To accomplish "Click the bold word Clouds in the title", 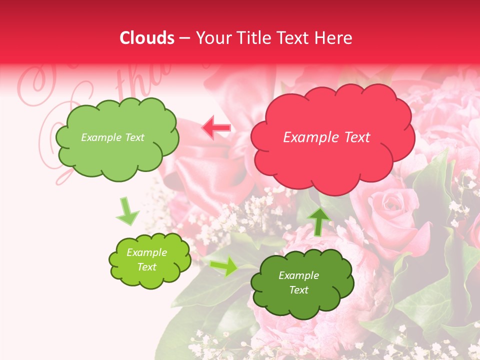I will pyautogui.click(x=147, y=38).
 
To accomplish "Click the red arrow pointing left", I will pyautogui.click(x=216, y=128).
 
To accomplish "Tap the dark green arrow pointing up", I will pyautogui.click(x=318, y=220).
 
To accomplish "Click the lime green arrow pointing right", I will pyautogui.click(x=223, y=267).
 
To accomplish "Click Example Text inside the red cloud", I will pyautogui.click(x=326, y=137).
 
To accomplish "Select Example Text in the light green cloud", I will pyautogui.click(x=112, y=137).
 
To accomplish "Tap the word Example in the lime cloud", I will pyautogui.click(x=146, y=252).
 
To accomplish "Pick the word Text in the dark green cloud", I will pyautogui.click(x=298, y=290).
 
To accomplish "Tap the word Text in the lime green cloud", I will pyautogui.click(x=146, y=267).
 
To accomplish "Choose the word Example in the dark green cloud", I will pyautogui.click(x=298, y=275).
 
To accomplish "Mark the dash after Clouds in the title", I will pyautogui.click(x=184, y=38).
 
